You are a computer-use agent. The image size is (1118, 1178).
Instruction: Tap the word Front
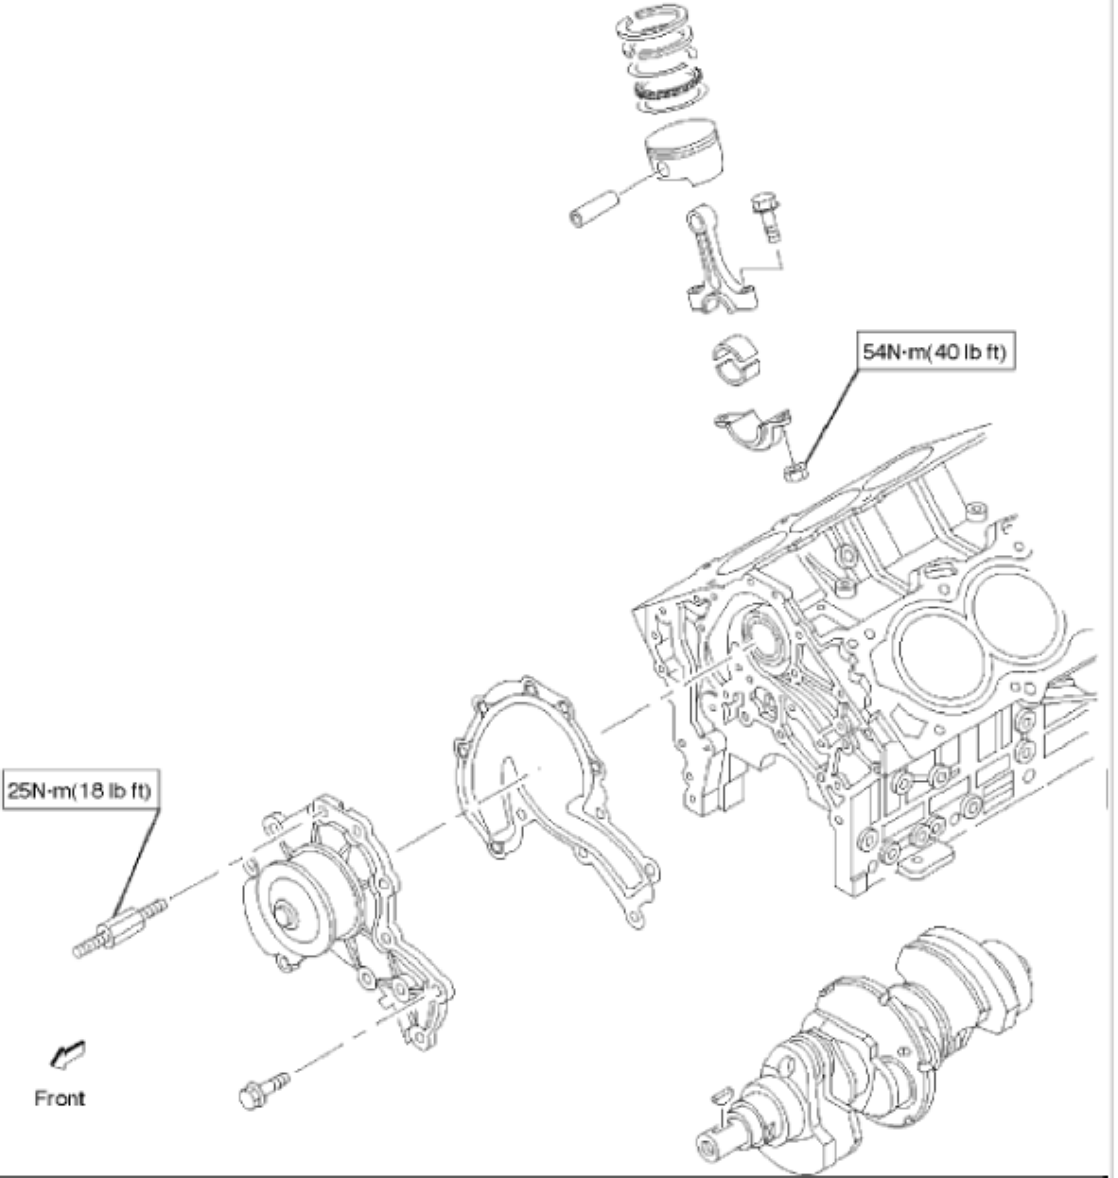click(60, 1098)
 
